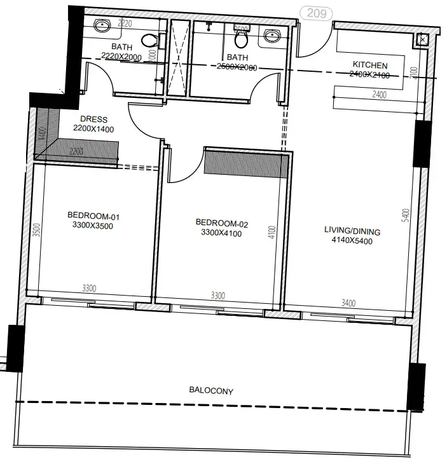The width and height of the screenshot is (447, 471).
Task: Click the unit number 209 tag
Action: [x=316, y=13]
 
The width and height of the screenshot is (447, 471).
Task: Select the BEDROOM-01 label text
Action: [x=93, y=216]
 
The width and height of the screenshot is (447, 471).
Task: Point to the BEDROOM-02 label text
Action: [x=221, y=223]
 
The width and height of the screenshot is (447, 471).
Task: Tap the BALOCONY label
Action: [x=210, y=391]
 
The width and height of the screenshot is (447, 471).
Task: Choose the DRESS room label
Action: [x=93, y=119]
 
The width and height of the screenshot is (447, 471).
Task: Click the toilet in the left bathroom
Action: [x=149, y=40]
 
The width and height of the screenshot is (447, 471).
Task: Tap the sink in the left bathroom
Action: [x=102, y=26]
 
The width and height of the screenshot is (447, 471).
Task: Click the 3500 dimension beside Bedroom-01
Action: [x=37, y=230]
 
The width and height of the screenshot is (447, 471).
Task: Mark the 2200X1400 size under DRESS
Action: [x=93, y=129]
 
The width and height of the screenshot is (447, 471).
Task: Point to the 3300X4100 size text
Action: [x=221, y=233]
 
